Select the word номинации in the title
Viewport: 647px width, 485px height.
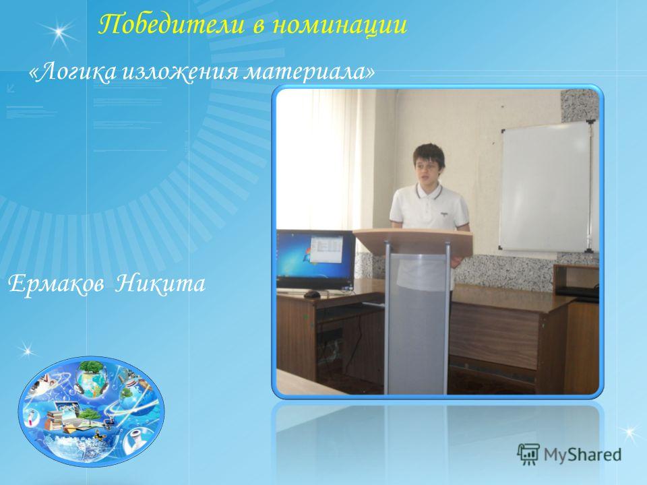pyautogui.click(x=340, y=26)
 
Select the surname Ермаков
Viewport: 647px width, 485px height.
pyautogui.click(x=56, y=284)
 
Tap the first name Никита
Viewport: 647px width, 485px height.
pyautogui.click(x=160, y=284)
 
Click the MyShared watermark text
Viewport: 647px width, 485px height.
pyautogui.click(x=582, y=455)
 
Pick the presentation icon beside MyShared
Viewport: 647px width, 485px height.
pyautogui.click(x=528, y=454)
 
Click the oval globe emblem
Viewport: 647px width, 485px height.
pyautogui.click(x=91, y=412)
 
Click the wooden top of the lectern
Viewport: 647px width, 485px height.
pyautogui.click(x=412, y=240)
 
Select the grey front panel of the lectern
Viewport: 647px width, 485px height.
pyautogui.click(x=417, y=323)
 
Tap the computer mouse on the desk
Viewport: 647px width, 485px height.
pyautogui.click(x=312, y=294)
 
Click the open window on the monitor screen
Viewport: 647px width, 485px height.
pyautogui.click(x=326, y=249)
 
